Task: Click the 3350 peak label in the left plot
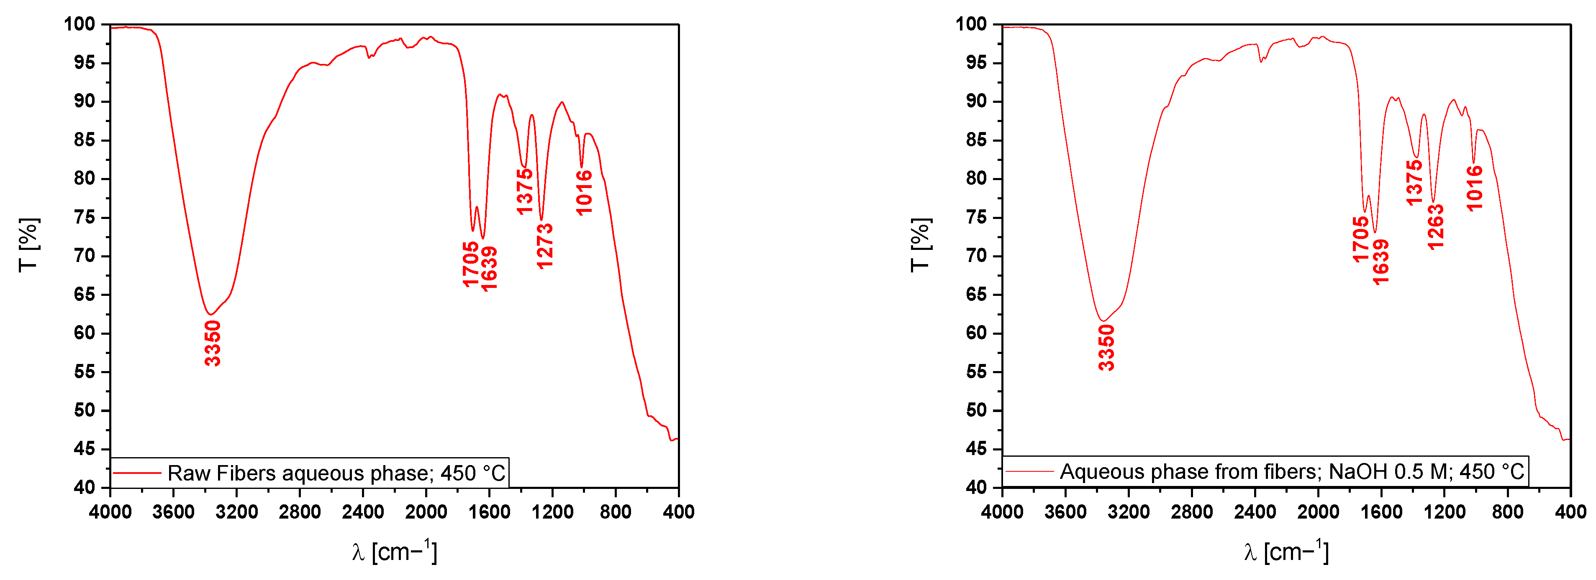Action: tap(213, 343)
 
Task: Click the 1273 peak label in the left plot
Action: tap(544, 247)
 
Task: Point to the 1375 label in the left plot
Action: tap(525, 192)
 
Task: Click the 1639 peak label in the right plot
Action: tap(1381, 262)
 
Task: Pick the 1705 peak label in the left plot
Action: tap(471, 265)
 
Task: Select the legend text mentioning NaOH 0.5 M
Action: tap(1292, 472)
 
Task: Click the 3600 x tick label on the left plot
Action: tap(174, 512)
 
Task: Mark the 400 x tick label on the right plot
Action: tap(1570, 512)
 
